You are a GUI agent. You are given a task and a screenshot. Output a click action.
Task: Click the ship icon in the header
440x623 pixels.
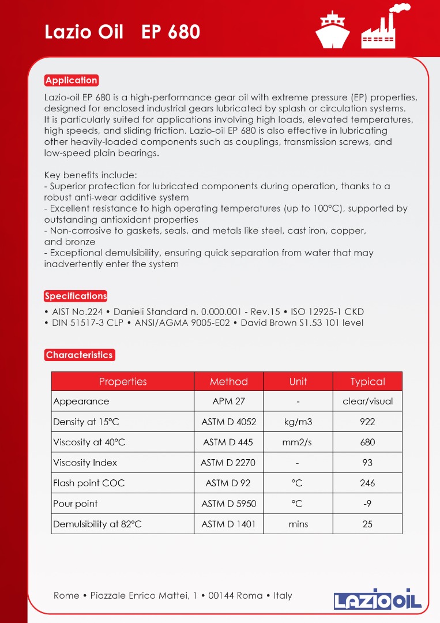(333, 30)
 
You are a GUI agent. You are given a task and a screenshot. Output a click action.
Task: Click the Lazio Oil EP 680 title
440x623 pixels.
(122, 32)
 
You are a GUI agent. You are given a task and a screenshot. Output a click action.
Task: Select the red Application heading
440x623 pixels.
(72, 80)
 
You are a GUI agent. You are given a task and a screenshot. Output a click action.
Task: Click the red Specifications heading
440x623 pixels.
(76, 296)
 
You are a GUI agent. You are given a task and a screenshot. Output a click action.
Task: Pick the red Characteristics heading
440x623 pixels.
(79, 355)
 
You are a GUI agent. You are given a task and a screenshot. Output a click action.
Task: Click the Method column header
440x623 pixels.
(228, 381)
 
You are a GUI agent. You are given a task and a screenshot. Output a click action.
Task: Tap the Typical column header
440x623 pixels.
(367, 381)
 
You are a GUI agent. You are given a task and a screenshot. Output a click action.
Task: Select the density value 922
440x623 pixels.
(367, 422)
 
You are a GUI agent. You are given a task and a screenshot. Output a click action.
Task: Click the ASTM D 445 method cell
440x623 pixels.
(228, 442)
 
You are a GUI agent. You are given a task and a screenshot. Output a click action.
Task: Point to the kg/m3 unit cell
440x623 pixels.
(298, 422)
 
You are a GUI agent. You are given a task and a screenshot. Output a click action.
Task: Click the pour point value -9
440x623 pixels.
(367, 504)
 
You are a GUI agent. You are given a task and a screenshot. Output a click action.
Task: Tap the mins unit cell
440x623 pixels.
(298, 524)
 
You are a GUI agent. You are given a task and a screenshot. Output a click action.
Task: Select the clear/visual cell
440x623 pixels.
(367, 401)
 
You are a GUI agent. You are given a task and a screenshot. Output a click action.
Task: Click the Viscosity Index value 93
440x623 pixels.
(367, 463)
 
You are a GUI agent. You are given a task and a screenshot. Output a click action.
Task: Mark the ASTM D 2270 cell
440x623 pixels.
(228, 463)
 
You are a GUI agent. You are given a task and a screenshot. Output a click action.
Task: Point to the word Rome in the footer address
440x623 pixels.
(66, 595)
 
